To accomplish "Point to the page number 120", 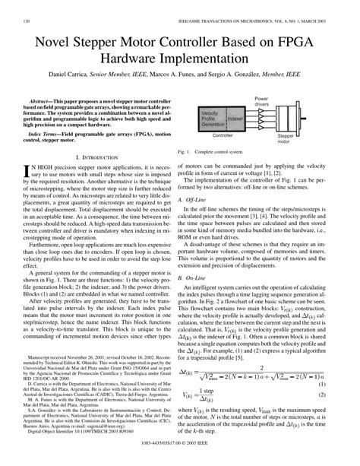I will [x=27, y=6].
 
